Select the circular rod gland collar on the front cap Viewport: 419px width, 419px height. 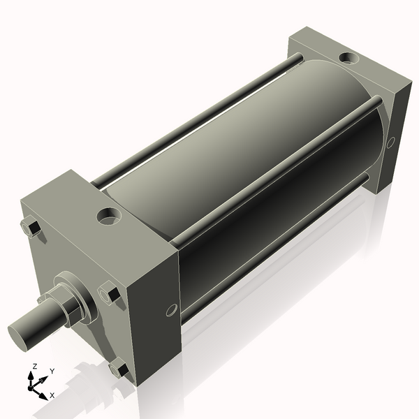(75, 293)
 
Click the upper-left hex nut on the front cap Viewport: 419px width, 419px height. (31, 227)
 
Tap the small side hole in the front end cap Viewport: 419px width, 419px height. (171, 309)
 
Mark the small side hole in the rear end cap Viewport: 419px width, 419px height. (390, 142)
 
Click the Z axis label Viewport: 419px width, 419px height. (34, 366)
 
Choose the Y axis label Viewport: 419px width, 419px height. (52, 372)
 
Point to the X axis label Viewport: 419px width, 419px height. (52, 395)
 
